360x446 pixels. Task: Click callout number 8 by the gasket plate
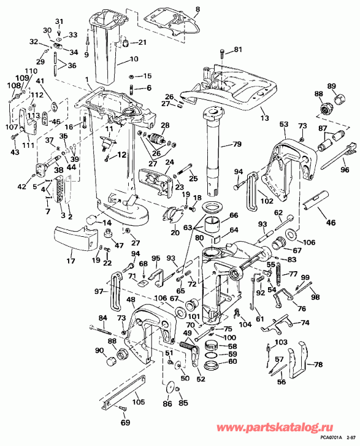197,10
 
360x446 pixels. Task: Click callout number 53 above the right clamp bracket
283,125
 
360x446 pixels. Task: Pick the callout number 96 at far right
345,170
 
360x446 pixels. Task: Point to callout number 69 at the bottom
125,423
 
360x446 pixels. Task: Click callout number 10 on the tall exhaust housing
134,60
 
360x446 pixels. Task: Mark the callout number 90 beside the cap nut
99,350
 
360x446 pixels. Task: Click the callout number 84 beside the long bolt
102,317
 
